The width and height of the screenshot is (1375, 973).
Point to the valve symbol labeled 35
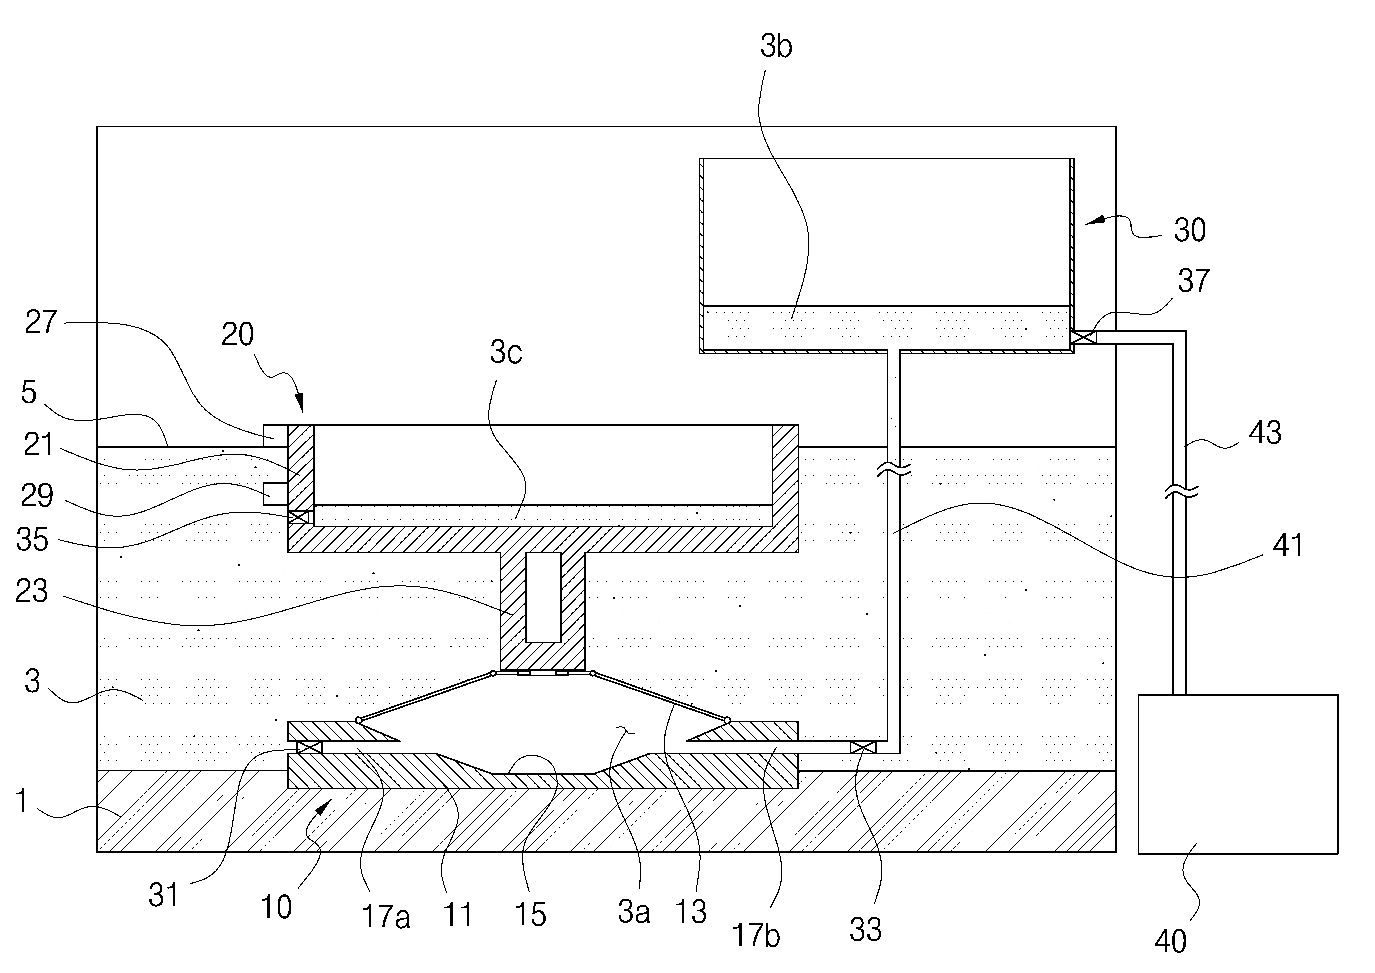coord(298,516)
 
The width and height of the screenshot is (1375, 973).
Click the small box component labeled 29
coord(276,494)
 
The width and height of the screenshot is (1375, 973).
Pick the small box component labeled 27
coord(276,436)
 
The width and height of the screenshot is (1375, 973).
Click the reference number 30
coord(1189,230)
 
